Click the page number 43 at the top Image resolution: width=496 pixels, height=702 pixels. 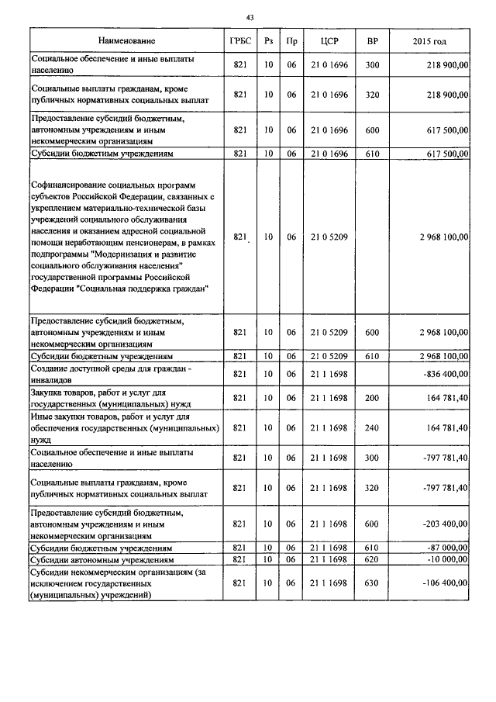(249, 17)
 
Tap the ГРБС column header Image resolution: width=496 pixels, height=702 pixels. (240, 40)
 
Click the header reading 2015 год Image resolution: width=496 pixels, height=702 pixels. (432, 40)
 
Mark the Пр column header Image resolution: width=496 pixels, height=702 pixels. (291, 40)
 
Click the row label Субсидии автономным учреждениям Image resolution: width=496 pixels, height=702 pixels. (101, 559)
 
